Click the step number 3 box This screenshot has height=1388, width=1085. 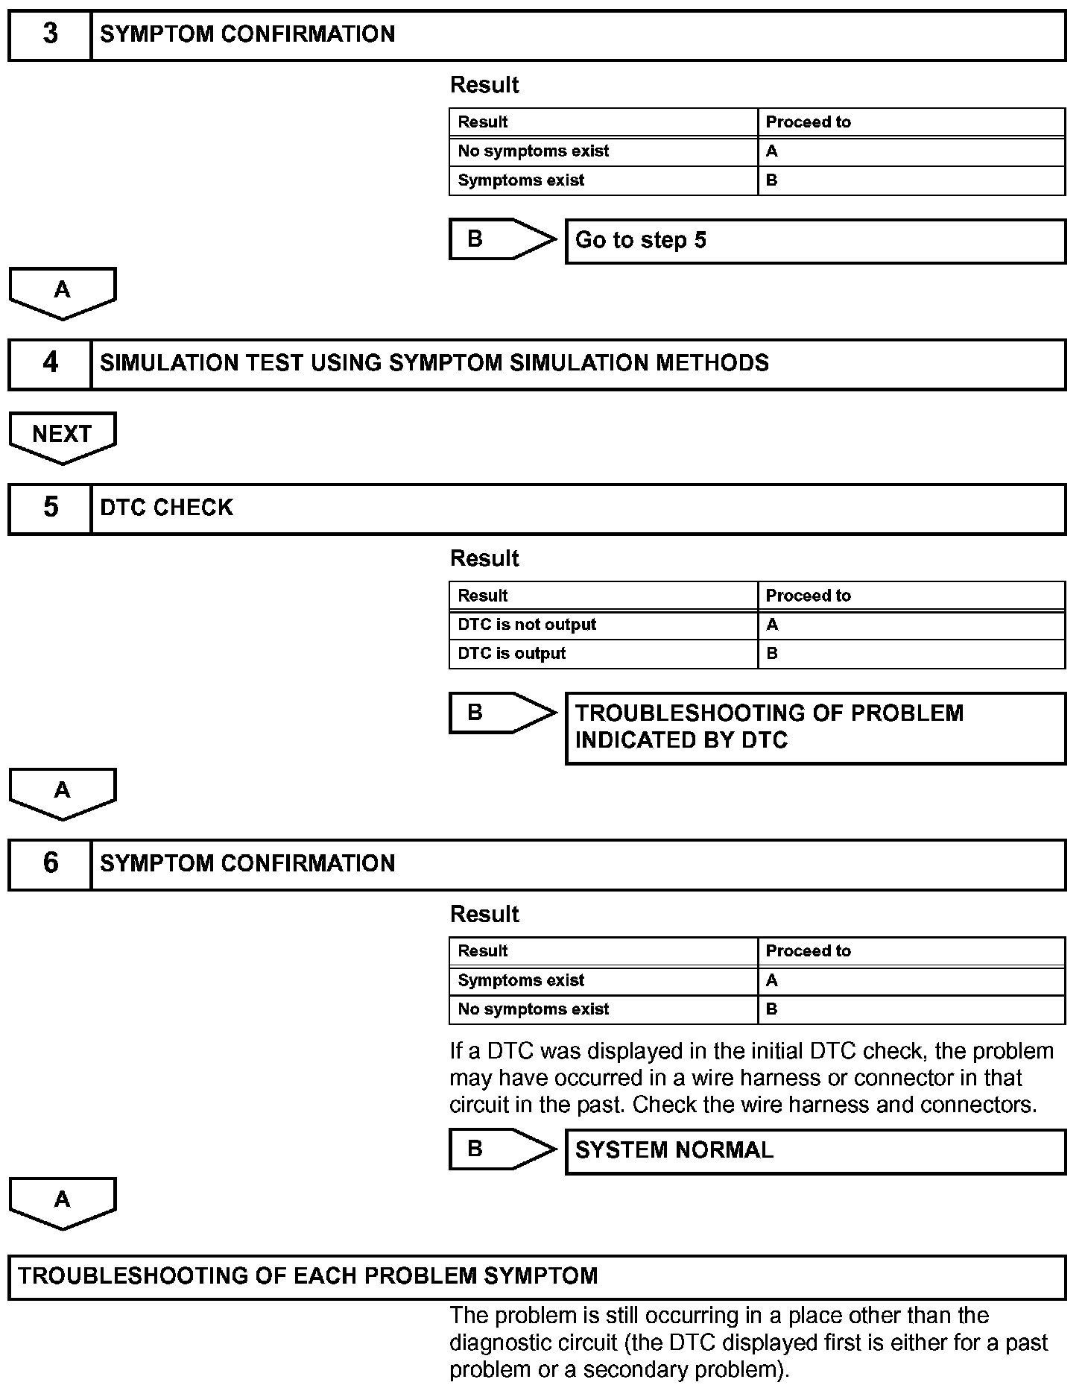click(x=50, y=34)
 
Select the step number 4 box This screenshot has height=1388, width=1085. click(x=50, y=363)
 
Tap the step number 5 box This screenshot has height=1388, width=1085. click(x=50, y=508)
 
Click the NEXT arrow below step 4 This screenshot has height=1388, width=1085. click(x=63, y=436)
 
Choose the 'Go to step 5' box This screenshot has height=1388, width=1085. click(x=815, y=241)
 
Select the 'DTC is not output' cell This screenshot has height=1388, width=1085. click(x=603, y=625)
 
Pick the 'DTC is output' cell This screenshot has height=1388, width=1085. click(x=603, y=654)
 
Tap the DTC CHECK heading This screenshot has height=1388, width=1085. click(x=167, y=508)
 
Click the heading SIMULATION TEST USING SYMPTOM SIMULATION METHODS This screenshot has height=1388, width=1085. click(x=434, y=363)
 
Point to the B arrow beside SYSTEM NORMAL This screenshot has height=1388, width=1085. click(x=502, y=1149)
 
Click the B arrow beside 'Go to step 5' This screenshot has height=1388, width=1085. click(x=502, y=239)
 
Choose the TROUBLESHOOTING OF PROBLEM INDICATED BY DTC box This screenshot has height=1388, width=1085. click(x=815, y=728)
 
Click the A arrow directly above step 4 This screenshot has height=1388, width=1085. click(x=63, y=291)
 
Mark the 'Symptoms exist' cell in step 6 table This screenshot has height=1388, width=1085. click(x=603, y=980)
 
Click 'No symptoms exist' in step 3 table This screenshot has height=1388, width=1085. click(x=603, y=151)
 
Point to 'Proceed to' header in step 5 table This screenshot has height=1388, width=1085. click(x=911, y=596)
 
